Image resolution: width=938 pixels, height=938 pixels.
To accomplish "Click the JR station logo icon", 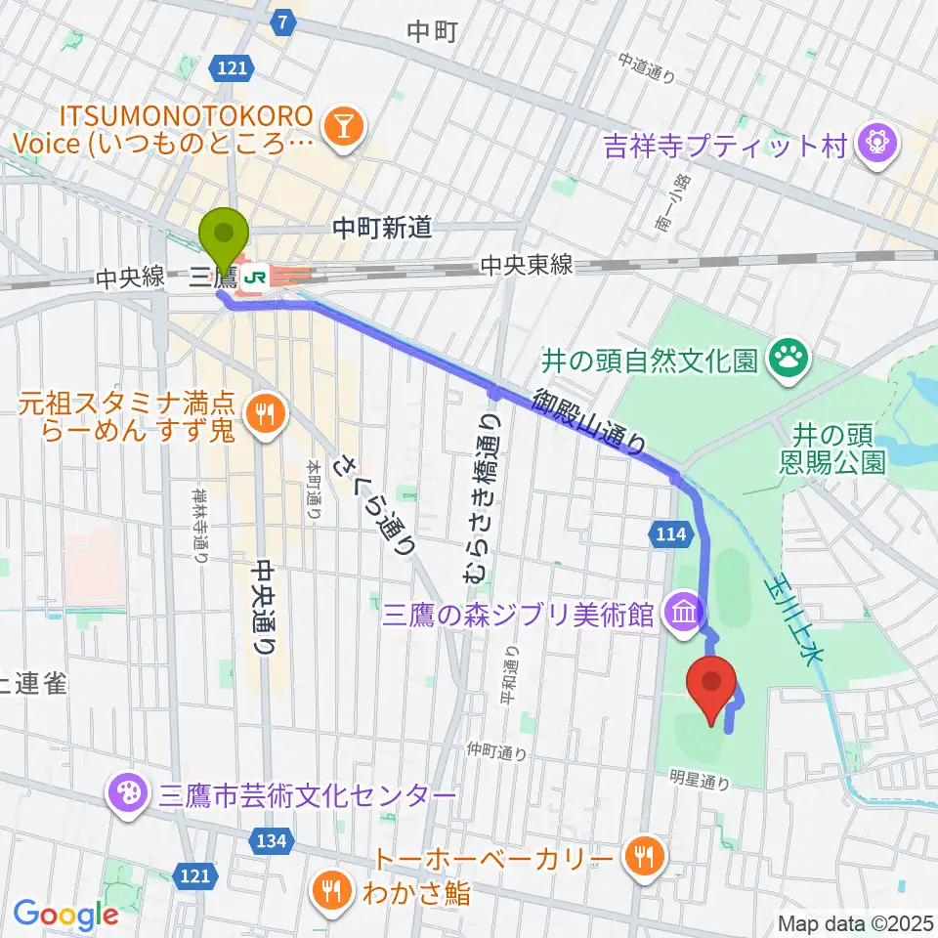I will (x=256, y=277).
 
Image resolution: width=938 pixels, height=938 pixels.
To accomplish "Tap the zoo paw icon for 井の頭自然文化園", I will (x=788, y=361).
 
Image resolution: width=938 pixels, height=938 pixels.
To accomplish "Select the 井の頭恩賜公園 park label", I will (x=838, y=446).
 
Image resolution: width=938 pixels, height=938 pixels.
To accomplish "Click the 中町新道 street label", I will (x=382, y=229).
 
